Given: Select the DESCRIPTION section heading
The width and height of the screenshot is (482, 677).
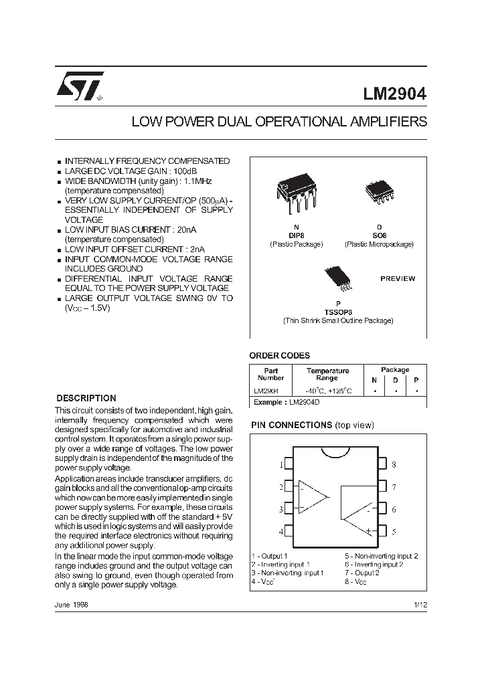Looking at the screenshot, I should point(86,397).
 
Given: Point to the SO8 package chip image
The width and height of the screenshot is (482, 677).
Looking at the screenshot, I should point(378,191).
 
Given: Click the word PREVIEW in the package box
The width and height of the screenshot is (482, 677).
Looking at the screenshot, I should point(398,278).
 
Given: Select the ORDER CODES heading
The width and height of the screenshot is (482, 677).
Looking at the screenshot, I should point(279,356).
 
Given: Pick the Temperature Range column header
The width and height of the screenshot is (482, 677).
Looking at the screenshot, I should point(327,374).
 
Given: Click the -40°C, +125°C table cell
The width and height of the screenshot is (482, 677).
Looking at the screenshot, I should point(327,391).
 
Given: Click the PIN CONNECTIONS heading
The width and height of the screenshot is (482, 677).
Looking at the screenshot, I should point(291,425).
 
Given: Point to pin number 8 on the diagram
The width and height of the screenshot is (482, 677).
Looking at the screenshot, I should point(394,464).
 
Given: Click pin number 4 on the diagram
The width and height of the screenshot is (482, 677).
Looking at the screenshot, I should point(281,531).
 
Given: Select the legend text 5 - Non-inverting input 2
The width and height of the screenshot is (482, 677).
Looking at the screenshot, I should point(381,556).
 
